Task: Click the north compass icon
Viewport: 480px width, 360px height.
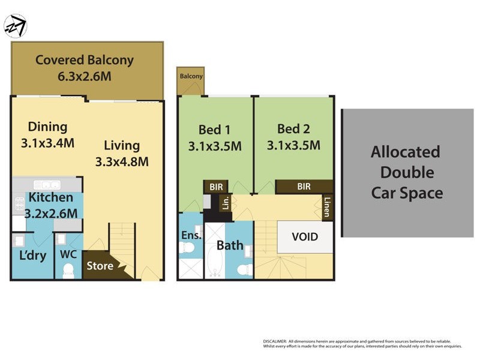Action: tap(15, 26)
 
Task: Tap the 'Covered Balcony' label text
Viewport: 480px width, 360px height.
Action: tap(84, 60)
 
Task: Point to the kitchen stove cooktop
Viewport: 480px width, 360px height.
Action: tap(19, 204)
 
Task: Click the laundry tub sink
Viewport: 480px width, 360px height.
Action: tap(19, 241)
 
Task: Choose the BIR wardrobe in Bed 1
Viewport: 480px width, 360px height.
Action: tap(215, 187)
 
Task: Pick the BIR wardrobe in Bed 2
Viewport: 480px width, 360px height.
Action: tap(304, 187)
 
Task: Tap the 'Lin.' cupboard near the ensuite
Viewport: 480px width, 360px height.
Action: tap(226, 202)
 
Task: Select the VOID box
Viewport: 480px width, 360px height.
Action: tap(304, 236)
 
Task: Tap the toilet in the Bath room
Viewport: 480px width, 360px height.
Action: tap(244, 269)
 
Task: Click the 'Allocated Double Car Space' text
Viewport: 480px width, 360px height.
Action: tap(407, 172)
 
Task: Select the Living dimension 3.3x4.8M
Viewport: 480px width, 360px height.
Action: tap(122, 161)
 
